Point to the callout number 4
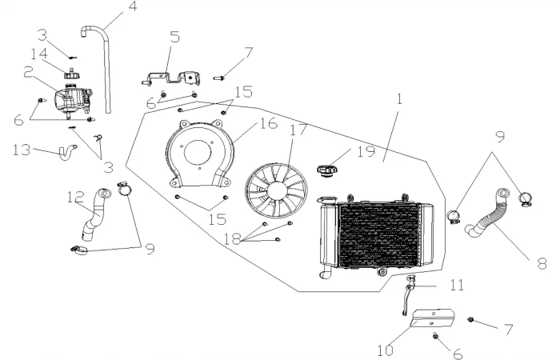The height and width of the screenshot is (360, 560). point(132,10)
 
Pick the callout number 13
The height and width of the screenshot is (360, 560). point(22,149)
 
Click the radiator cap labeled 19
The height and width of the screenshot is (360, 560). point(326,170)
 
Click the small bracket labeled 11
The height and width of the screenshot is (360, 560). point(411,287)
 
